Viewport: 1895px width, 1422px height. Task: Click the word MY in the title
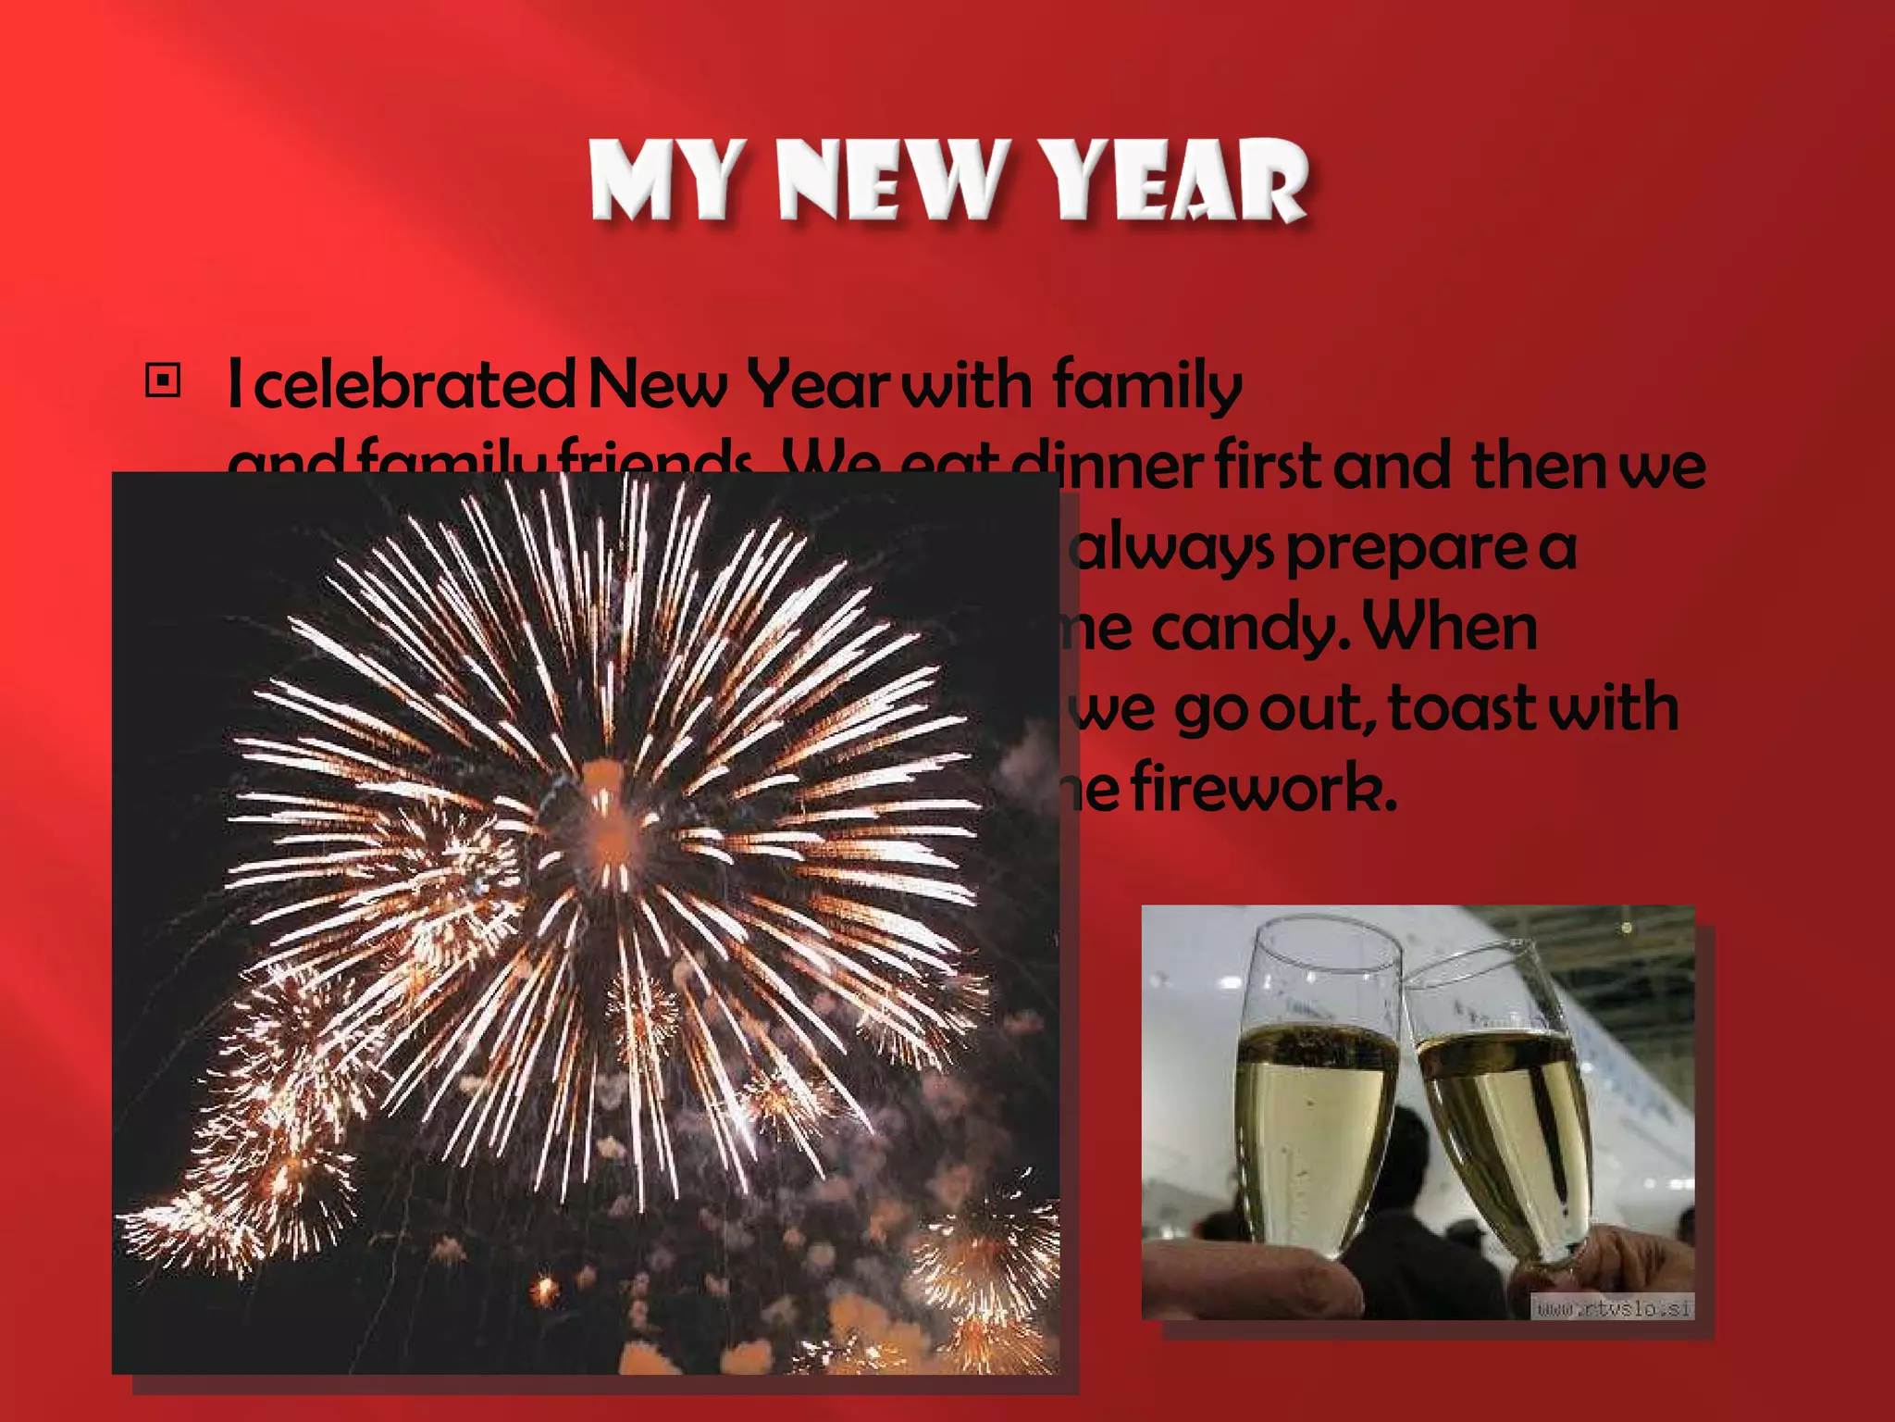pyautogui.click(x=664, y=181)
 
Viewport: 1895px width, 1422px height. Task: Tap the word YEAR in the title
pyautogui.click(x=1173, y=181)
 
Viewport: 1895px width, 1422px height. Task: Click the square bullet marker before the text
pyautogui.click(x=164, y=380)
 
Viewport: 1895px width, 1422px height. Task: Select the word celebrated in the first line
pyautogui.click(x=414, y=385)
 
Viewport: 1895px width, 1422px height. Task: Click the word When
pyautogui.click(x=1450, y=628)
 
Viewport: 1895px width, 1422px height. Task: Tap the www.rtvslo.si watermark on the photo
pyautogui.click(x=1612, y=1307)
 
